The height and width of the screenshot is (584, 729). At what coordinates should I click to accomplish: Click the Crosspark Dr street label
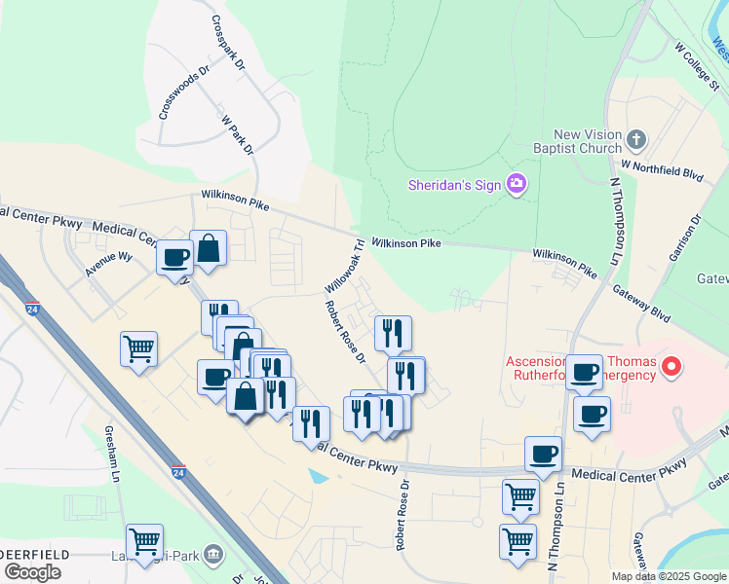pyautogui.click(x=226, y=40)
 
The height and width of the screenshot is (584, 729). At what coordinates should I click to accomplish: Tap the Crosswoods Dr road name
pyautogui.click(x=185, y=93)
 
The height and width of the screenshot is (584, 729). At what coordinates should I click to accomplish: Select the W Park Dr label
pyautogui.click(x=238, y=135)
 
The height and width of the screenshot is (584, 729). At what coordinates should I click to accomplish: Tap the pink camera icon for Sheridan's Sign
pyautogui.click(x=517, y=184)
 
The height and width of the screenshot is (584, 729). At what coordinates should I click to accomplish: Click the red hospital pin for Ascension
pyautogui.click(x=671, y=367)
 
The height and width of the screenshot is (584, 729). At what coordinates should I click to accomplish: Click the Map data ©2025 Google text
pyautogui.click(x=668, y=576)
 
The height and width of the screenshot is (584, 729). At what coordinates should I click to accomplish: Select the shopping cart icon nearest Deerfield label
pyautogui.click(x=144, y=540)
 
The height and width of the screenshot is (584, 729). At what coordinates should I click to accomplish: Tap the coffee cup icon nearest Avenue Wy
pyautogui.click(x=175, y=258)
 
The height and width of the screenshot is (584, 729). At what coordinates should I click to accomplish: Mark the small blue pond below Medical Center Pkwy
pyautogui.click(x=318, y=477)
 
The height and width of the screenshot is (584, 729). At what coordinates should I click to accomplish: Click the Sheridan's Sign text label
pyautogui.click(x=454, y=185)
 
